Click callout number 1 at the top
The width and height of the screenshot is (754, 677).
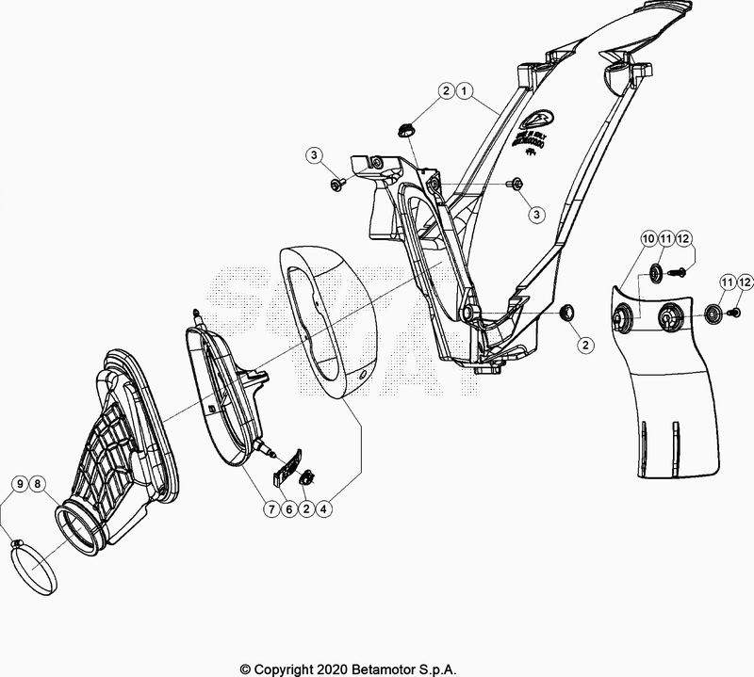click(464, 91)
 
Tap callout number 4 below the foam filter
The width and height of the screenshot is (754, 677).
click(323, 509)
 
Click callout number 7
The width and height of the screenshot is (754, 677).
click(270, 509)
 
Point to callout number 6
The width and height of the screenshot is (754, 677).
click(288, 509)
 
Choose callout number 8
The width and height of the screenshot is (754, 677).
click(39, 484)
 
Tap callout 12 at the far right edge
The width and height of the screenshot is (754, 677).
click(746, 282)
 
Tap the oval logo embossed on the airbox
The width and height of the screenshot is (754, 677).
click(538, 119)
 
